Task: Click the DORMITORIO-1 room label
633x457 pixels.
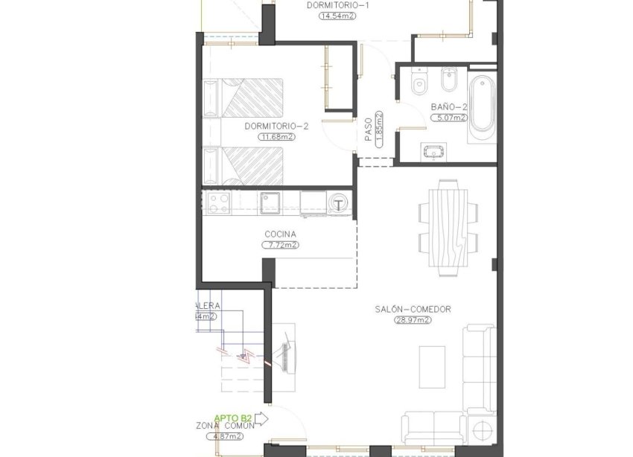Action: point(338,5)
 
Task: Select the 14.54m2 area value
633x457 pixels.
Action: point(338,16)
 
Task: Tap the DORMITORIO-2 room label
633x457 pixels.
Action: point(276,127)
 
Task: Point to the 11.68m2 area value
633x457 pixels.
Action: point(276,137)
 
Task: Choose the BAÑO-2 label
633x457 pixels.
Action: point(449,107)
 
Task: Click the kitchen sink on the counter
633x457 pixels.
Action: point(270,201)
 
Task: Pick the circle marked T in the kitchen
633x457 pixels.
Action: point(339,204)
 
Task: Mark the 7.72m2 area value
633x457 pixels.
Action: point(281,244)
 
